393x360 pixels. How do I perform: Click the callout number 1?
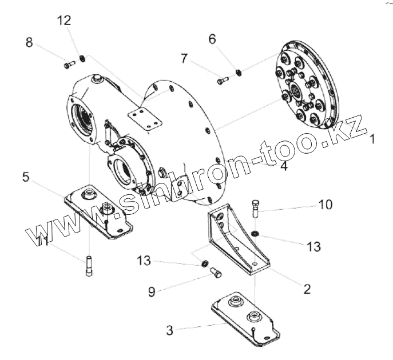pyautogui.click(x=372, y=138)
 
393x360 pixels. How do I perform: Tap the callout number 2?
pyautogui.click(x=307, y=289)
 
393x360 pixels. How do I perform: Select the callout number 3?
pyautogui.click(x=169, y=330)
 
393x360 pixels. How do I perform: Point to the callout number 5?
pyautogui.click(x=26, y=177)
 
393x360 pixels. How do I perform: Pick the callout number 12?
pyautogui.click(x=64, y=21)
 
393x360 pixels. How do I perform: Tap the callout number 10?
pyautogui.click(x=325, y=204)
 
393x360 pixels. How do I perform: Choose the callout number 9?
pyautogui.click(x=152, y=291)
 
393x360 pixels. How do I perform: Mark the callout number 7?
pyautogui.click(x=184, y=58)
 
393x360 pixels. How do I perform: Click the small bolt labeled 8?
pyautogui.click(x=69, y=65)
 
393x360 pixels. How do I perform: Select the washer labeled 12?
pyautogui.click(x=82, y=58)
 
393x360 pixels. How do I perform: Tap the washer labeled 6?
pyautogui.click(x=239, y=71)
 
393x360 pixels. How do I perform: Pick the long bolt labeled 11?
pyautogui.click(x=89, y=266)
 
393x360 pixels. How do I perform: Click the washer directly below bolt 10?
pyautogui.click(x=255, y=233)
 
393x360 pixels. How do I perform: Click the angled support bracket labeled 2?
pyautogui.click(x=237, y=240)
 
